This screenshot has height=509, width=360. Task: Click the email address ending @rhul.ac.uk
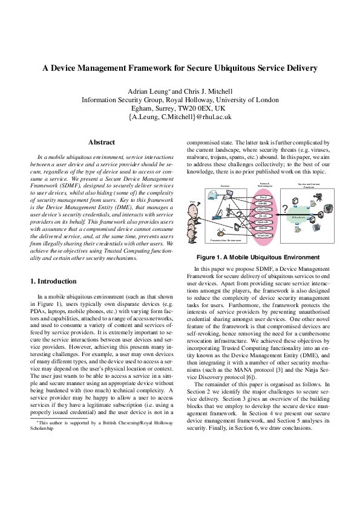[180, 117]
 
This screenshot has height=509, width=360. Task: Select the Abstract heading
[102, 142]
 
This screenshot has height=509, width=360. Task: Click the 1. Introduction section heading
[53, 281]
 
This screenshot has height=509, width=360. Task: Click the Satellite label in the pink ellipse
[263, 204]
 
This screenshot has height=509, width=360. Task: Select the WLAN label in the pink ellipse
[263, 215]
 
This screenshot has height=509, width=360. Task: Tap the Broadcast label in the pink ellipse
[263, 235]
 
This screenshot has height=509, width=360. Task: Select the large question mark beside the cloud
[284, 210]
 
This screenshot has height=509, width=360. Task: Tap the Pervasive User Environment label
[224, 241]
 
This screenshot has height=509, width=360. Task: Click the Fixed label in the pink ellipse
[263, 198]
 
